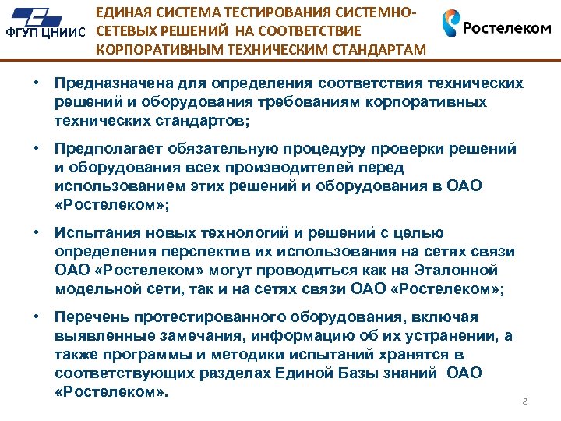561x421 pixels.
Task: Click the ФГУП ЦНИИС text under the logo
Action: point(44,34)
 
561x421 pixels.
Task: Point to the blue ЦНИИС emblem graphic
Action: point(47,15)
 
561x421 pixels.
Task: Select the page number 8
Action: point(525,402)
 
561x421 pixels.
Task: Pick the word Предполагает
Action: point(101,149)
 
